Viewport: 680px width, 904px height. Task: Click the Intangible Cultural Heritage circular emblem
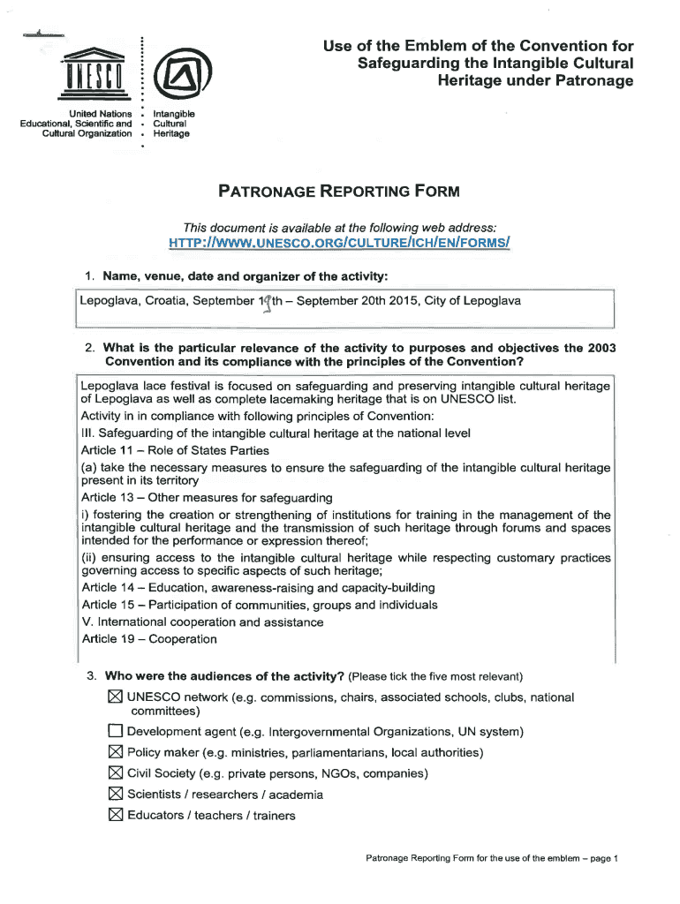click(177, 76)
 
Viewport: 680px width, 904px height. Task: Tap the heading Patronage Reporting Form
click(340, 192)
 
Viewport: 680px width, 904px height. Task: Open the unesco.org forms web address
click(340, 242)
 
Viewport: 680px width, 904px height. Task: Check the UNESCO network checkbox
click(114, 697)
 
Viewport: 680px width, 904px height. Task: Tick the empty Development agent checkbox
click(114, 732)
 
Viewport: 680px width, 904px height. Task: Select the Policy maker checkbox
click(114, 753)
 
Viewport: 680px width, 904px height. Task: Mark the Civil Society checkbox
click(114, 774)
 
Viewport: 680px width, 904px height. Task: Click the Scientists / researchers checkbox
click(114, 795)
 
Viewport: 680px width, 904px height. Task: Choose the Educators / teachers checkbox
click(114, 816)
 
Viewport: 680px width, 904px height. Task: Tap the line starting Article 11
click(162, 450)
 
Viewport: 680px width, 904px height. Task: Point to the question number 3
click(91, 677)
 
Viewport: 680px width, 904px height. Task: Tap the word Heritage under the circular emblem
click(171, 133)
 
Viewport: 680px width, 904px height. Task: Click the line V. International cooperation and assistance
click(202, 622)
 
